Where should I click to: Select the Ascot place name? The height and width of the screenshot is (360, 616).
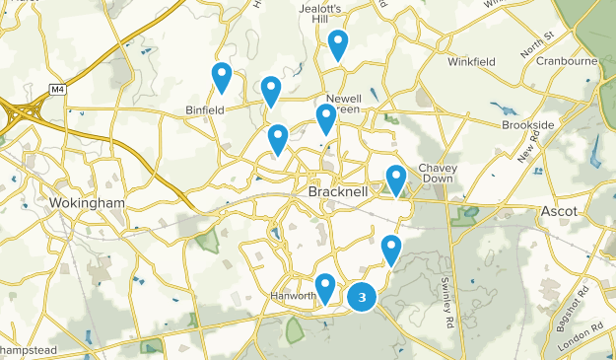pos(559,211)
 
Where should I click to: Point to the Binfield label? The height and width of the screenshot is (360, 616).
pos(206,109)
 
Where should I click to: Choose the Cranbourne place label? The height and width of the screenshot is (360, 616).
pos(567,60)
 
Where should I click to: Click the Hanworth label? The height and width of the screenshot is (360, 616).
pos(293,296)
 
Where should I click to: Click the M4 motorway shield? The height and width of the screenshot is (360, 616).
pos(58,90)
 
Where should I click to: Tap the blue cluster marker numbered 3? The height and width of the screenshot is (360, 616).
pos(364,296)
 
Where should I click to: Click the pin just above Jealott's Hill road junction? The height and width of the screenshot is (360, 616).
pos(338,43)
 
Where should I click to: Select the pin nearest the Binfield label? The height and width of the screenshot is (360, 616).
pos(222,76)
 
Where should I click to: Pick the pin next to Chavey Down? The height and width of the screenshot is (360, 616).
pos(396,179)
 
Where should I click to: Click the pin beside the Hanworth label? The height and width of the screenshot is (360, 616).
pos(324,287)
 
